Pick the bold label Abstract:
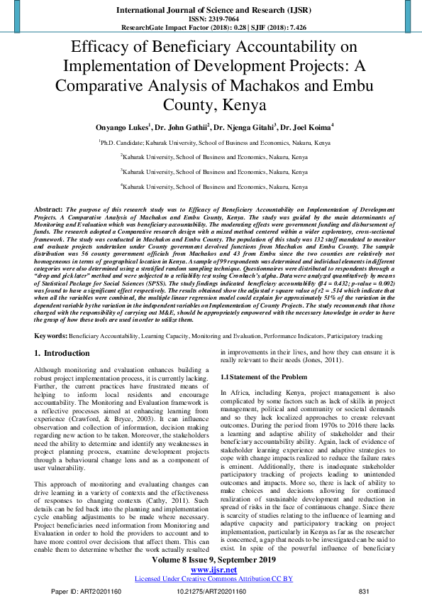(x=48, y=210)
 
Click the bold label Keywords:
(x=51, y=334)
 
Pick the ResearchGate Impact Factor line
(x=211, y=28)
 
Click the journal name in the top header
(x=211, y=10)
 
